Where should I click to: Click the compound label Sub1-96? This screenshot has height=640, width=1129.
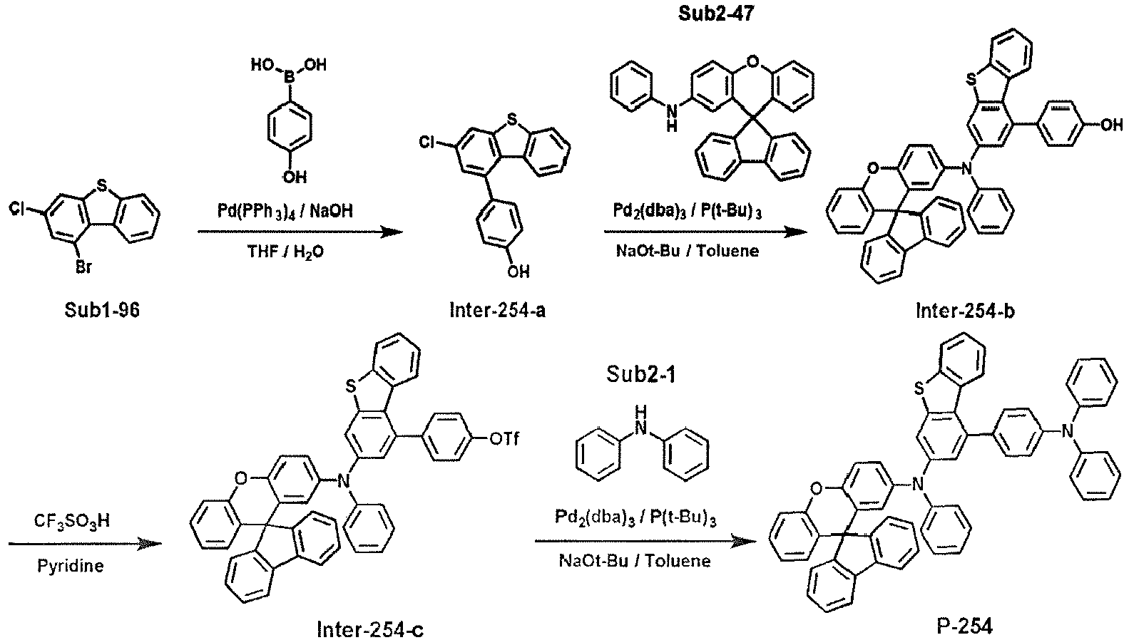[x=102, y=310]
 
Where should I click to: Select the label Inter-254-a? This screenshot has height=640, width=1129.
[x=498, y=310]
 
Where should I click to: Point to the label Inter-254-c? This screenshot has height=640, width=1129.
[x=370, y=629]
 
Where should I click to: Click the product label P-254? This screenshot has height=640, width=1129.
[x=965, y=626]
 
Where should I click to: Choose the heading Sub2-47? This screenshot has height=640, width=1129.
[x=716, y=14]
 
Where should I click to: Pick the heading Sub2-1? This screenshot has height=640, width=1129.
[x=640, y=374]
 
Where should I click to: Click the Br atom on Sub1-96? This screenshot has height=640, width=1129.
[x=83, y=267]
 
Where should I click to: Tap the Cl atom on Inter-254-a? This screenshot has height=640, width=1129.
[x=427, y=143]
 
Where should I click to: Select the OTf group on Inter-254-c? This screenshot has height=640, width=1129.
[x=504, y=439]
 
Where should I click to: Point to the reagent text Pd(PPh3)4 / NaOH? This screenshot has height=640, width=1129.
[x=285, y=211]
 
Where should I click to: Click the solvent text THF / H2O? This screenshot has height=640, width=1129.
[x=285, y=251]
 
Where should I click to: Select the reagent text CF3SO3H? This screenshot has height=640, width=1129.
[x=71, y=521]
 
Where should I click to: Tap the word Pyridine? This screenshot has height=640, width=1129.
[x=71, y=566]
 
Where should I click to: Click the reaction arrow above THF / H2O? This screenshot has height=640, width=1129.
[x=300, y=232]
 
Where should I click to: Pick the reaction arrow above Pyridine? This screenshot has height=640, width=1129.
[x=85, y=543]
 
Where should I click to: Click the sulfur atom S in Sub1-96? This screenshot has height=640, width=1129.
[x=103, y=187]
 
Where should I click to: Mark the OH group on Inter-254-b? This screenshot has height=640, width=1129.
[x=1111, y=125]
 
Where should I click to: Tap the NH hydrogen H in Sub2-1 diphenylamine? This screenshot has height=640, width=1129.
[x=640, y=413]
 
